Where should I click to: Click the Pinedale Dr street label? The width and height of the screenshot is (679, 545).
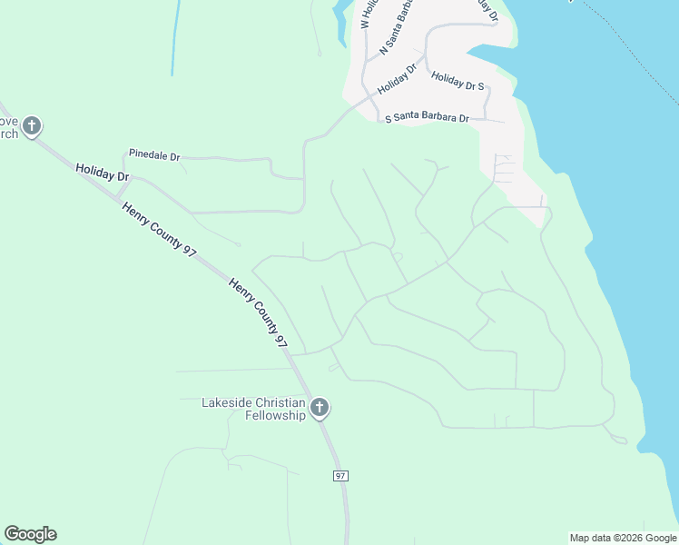(x=154, y=154)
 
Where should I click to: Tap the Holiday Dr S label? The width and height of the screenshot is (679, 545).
(x=458, y=82)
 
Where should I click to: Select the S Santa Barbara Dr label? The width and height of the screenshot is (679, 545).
(x=428, y=118)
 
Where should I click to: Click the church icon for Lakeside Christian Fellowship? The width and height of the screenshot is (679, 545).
(x=319, y=409)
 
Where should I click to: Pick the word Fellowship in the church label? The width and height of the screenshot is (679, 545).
(x=275, y=416)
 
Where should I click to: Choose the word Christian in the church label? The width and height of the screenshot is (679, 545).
(x=282, y=402)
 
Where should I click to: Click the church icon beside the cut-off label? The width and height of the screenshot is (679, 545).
(x=32, y=126)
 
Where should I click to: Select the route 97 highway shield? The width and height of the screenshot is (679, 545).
(x=340, y=476)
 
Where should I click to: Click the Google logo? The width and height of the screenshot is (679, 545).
(x=30, y=534)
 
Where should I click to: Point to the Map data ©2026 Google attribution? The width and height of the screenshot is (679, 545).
(x=623, y=538)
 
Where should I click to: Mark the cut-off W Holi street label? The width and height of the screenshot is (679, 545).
(x=367, y=14)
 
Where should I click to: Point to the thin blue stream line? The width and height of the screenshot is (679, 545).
(x=174, y=36)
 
